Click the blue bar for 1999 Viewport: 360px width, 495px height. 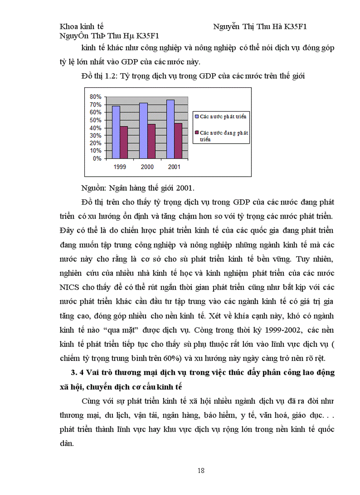coord(116,132)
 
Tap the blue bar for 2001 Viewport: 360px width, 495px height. coord(170,129)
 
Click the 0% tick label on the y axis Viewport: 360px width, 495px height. coord(97,158)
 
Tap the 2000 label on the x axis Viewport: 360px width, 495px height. coord(147,167)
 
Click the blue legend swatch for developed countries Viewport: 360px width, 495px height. coord(197,116)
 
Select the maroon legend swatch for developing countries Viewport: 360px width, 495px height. coord(197,132)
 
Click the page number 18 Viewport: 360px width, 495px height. coord(201,471)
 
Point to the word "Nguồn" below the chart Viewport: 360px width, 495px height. coord(93,188)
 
